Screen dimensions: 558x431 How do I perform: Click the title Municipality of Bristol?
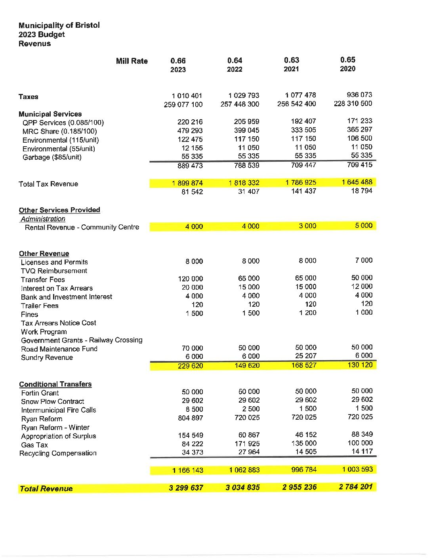(59, 25)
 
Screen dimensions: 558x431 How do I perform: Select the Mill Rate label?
(132, 61)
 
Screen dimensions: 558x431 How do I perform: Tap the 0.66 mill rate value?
(178, 61)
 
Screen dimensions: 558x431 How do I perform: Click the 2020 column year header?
(347, 69)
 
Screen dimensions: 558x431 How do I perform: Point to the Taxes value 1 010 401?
(187, 96)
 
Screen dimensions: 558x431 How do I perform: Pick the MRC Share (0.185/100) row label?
(59, 131)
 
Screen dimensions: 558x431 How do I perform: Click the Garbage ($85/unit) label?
(52, 157)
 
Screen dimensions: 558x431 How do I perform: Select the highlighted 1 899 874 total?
(187, 183)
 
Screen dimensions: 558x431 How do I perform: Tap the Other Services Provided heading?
(59, 210)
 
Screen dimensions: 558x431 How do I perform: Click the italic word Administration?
(43, 219)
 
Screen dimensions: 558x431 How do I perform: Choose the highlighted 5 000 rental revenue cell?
(364, 225)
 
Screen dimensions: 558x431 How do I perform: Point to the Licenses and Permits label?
(54, 262)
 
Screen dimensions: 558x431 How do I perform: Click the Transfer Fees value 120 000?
(190, 279)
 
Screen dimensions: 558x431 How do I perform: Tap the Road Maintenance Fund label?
(59, 349)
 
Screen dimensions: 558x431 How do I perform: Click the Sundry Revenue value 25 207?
(305, 356)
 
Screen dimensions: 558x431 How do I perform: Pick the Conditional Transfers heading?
(55, 384)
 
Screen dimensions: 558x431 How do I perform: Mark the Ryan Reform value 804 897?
(190, 418)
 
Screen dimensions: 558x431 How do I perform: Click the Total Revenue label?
(46, 489)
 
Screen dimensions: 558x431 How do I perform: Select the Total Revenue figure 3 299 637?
(186, 488)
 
